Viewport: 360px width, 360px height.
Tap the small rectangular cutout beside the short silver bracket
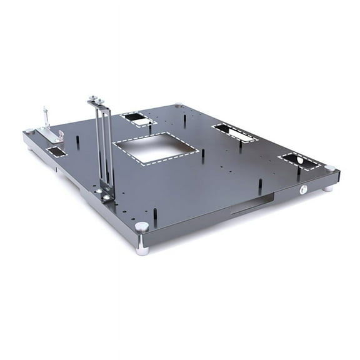[x=56, y=151]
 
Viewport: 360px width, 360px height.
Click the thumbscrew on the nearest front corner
[x=142, y=227]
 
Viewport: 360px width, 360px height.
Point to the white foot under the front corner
[x=143, y=249]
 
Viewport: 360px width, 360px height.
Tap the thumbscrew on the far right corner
[x=329, y=169]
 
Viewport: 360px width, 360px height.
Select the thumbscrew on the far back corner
[x=179, y=106]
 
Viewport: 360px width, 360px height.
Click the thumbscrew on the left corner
[x=29, y=131]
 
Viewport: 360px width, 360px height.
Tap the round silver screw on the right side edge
[x=302, y=189]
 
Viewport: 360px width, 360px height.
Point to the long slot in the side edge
[x=252, y=204]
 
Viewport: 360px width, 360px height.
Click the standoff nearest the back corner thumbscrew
[x=187, y=116]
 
